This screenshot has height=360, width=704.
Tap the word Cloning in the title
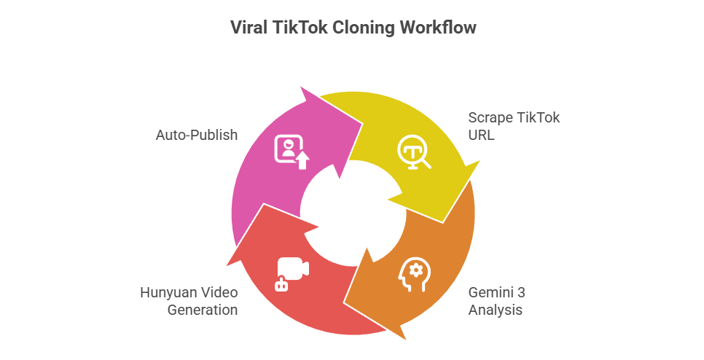[x=364, y=28]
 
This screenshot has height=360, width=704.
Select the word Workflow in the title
[x=438, y=28]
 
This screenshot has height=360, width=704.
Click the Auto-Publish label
[x=197, y=135]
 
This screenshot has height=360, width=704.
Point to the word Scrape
[x=490, y=118]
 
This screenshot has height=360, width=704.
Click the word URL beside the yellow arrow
[x=481, y=135]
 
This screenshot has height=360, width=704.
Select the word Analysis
[x=496, y=310]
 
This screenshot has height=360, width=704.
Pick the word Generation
[x=203, y=310]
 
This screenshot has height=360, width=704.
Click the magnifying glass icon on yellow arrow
[x=414, y=152]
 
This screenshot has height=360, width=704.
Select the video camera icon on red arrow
[x=292, y=274]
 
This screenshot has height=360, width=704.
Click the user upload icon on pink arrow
[x=292, y=152]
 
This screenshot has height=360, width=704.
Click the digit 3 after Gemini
[x=521, y=292]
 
